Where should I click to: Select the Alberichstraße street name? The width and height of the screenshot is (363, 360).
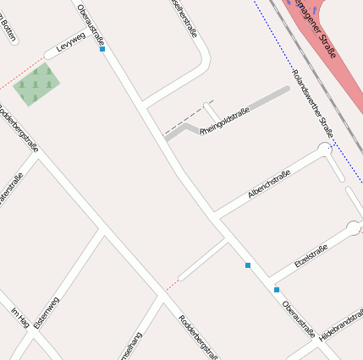pos(269,186)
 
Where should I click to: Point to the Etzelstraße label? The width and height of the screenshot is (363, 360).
pos(311,256)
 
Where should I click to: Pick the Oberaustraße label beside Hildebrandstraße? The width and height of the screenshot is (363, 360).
pos(299,319)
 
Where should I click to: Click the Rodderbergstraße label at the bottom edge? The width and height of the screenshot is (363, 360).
pos(198,337)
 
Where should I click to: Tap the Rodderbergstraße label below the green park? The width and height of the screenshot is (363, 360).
pos(19,128)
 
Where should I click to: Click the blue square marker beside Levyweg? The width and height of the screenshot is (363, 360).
pos(102,49)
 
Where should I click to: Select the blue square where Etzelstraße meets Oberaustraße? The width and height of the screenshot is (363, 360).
pos(277,290)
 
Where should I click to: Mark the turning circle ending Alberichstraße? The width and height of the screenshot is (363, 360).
pos(324,149)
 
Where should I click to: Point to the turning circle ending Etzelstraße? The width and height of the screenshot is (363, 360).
pos(353,226)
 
